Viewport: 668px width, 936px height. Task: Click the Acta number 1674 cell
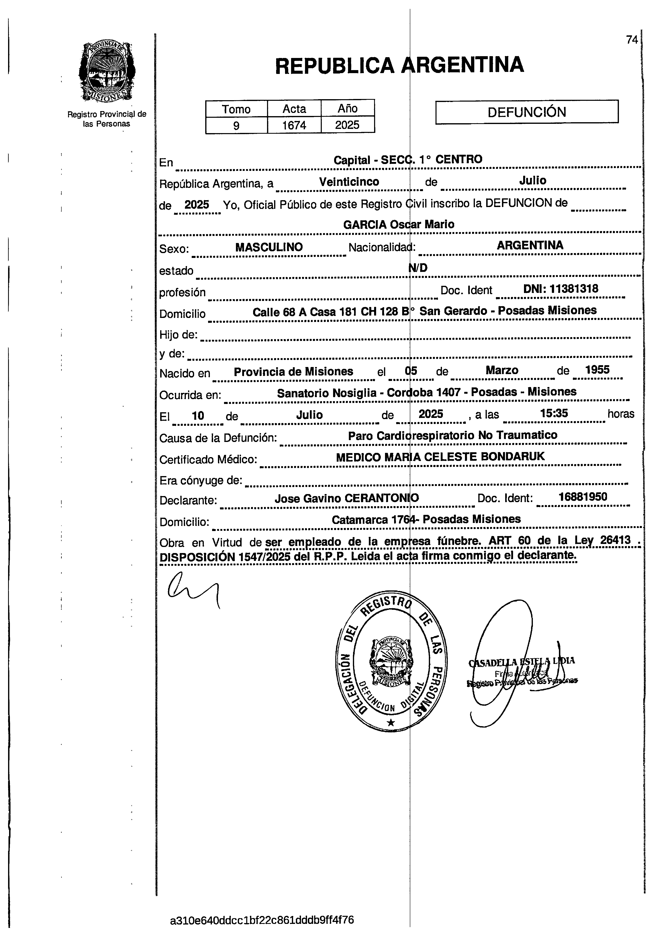(x=294, y=125)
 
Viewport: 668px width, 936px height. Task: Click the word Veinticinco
(x=349, y=182)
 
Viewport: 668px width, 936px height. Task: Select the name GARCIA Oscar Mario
(x=399, y=225)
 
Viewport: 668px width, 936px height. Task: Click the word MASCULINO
(x=269, y=247)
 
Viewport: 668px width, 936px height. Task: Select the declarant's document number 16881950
(x=582, y=497)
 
